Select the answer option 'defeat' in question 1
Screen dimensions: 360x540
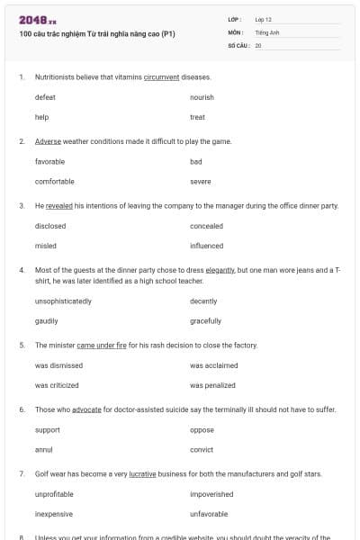coord(45,97)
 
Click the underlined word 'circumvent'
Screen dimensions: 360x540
coord(159,77)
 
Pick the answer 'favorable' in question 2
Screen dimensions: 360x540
coord(49,162)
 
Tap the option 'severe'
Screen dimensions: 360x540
coord(201,182)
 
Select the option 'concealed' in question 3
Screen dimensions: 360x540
coord(206,226)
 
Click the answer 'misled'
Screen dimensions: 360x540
coord(46,246)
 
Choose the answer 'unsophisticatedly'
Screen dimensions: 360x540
coord(63,301)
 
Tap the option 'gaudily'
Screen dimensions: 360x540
coord(47,321)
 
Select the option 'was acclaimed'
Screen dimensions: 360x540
coord(214,365)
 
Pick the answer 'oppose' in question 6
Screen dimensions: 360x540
coord(202,430)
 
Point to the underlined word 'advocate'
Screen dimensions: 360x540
coord(87,409)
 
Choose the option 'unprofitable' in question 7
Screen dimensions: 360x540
coord(54,494)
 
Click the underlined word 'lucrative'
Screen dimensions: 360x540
coord(143,473)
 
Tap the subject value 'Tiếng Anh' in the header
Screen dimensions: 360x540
coord(268,31)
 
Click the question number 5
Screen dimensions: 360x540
coord(22,346)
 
